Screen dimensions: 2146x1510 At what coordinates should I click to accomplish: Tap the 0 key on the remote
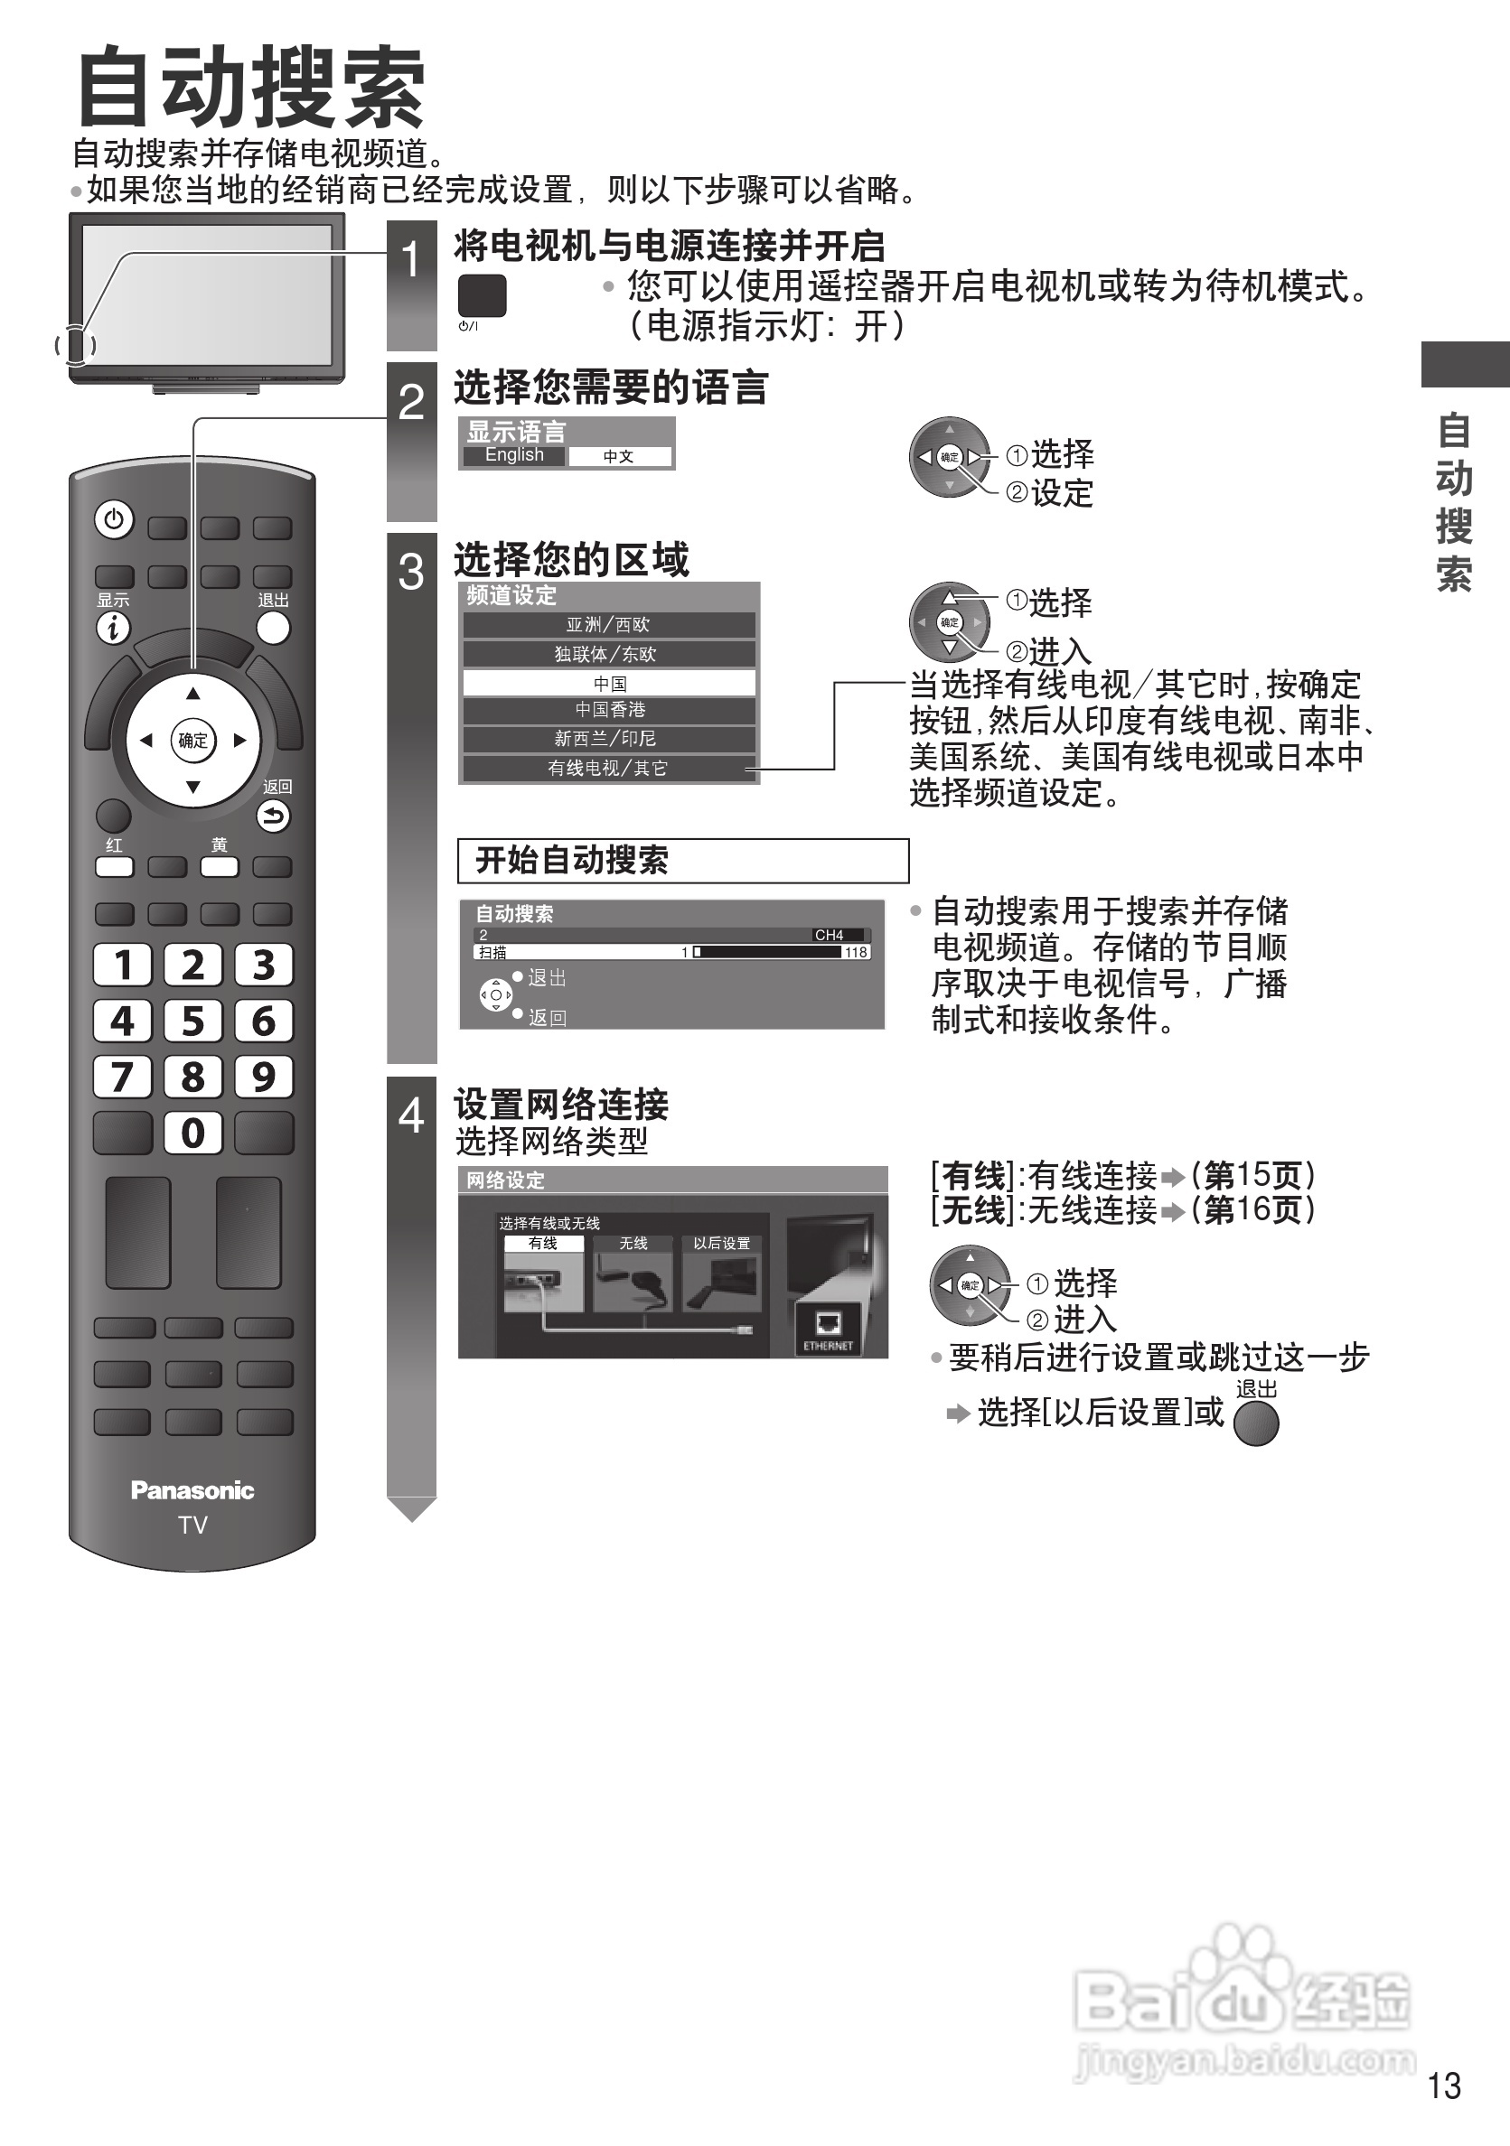192,1133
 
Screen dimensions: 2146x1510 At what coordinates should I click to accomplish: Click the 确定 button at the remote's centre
192,741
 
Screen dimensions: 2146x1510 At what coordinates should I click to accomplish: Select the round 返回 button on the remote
273,816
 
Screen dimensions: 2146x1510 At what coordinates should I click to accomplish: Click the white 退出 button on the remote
273,628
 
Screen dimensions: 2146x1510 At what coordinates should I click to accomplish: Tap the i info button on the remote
113,628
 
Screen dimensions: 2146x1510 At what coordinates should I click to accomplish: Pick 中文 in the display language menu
619,456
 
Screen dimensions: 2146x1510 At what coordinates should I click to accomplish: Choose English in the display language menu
514,455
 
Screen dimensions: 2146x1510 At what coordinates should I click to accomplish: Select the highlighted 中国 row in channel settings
610,683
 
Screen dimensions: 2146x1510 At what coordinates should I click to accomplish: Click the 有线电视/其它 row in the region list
608,769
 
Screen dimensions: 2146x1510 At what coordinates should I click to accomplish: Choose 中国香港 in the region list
610,710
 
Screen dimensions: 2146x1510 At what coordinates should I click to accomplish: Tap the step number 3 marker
411,572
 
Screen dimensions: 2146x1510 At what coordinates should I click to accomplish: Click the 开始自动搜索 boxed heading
682,860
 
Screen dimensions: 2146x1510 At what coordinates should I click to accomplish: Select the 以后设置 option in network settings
722,1244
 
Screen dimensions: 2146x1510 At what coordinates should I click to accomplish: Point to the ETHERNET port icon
828,1327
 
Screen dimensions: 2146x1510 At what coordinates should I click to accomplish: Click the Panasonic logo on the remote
192,1490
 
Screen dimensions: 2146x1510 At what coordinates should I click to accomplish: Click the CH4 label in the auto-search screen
829,935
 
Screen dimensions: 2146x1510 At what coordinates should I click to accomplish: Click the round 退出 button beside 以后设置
1256,1424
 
